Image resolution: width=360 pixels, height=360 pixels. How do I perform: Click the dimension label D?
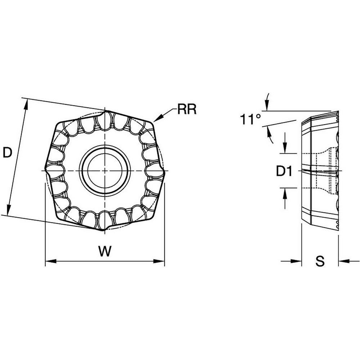pyautogui.click(x=8, y=153)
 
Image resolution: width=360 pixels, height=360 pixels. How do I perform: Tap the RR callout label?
pyautogui.click(x=186, y=109)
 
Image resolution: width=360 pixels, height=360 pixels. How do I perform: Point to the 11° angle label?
pyautogui.click(x=251, y=120)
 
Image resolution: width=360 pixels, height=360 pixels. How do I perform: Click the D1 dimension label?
pyautogui.click(x=284, y=172)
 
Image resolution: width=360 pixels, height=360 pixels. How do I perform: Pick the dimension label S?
pyautogui.click(x=320, y=262)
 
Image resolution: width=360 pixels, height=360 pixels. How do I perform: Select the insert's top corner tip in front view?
pyautogui.click(x=105, y=110)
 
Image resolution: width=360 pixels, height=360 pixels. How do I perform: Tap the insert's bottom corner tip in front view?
pyautogui.click(x=104, y=230)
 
